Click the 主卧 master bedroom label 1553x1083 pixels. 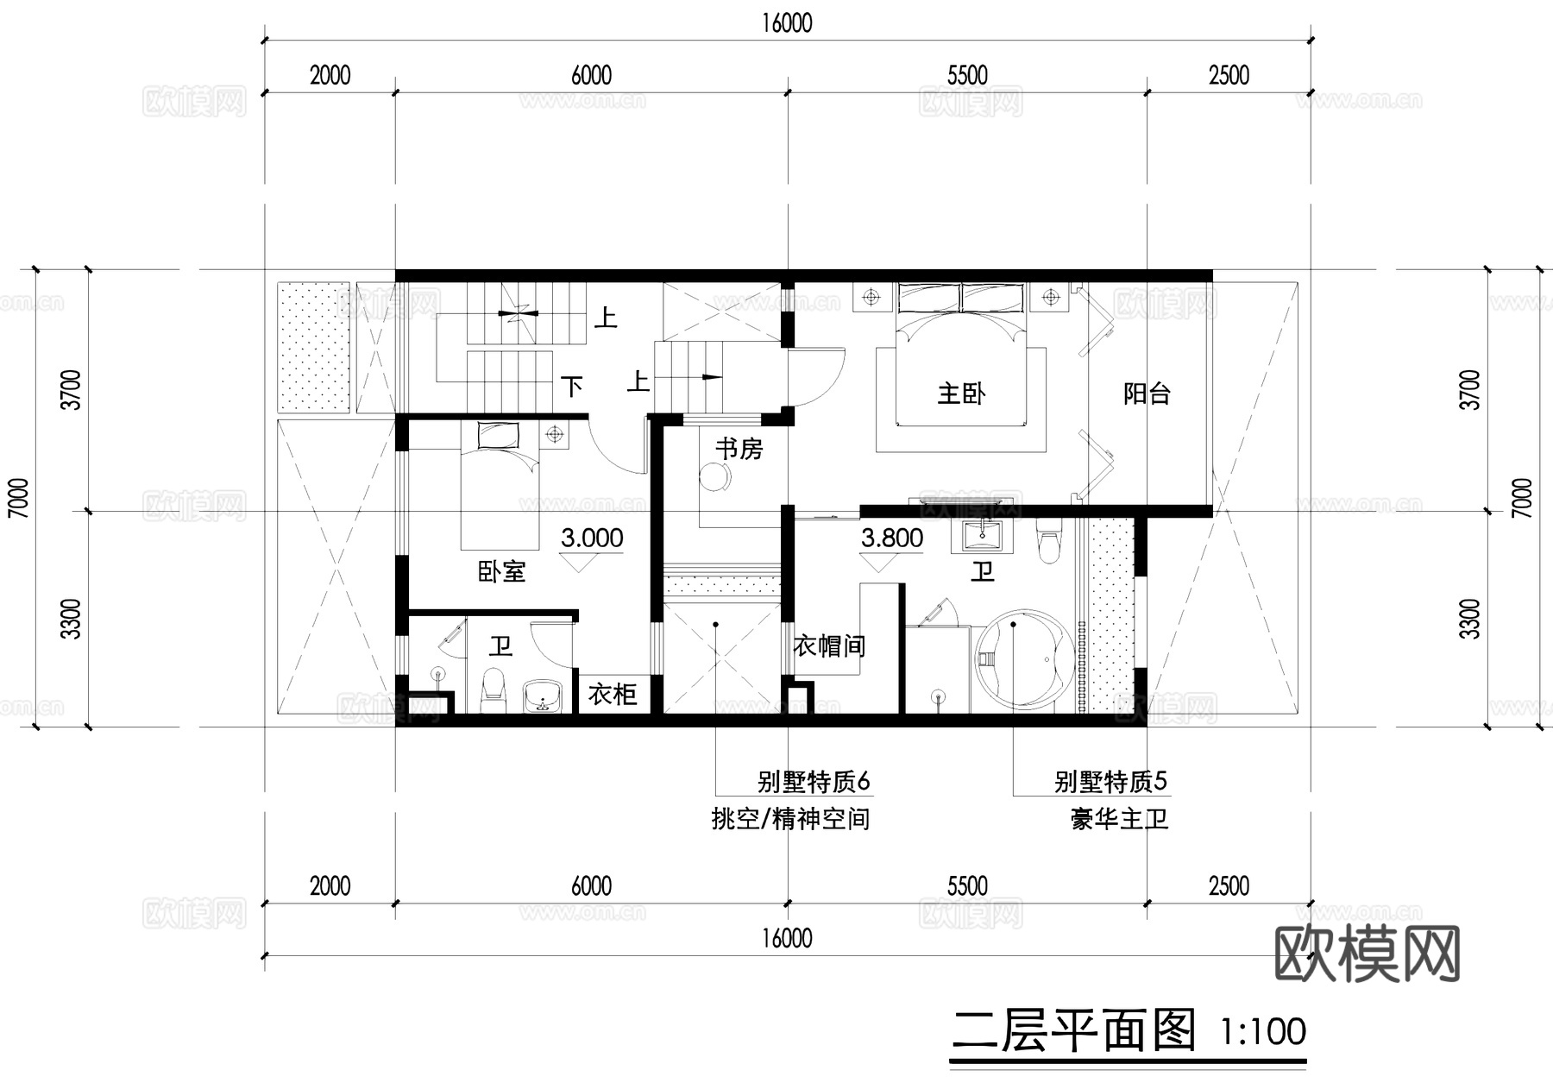pos(961,394)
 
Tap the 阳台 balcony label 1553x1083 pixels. pos(1147,394)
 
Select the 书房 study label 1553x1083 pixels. pos(739,449)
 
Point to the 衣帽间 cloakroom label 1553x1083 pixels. pos(828,645)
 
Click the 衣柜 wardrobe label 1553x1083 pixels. pos(613,694)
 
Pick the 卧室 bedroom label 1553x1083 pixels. pos(501,571)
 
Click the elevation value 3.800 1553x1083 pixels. pos(892,538)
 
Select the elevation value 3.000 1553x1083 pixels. pos(592,538)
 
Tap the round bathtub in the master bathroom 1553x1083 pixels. pos(1024,661)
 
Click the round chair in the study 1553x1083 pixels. pos(713,477)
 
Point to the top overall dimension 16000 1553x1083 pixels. pos(787,23)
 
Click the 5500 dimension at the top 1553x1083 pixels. pos(967,76)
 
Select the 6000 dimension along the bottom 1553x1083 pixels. pos(592,886)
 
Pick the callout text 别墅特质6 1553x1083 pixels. pos(814,782)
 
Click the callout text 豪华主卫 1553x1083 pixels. pos(1119,819)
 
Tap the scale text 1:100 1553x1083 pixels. pos(1263,1032)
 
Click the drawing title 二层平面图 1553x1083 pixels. pos(1073,1030)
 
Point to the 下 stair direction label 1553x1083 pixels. pos(572,386)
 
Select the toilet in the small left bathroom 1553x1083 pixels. pos(493,690)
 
